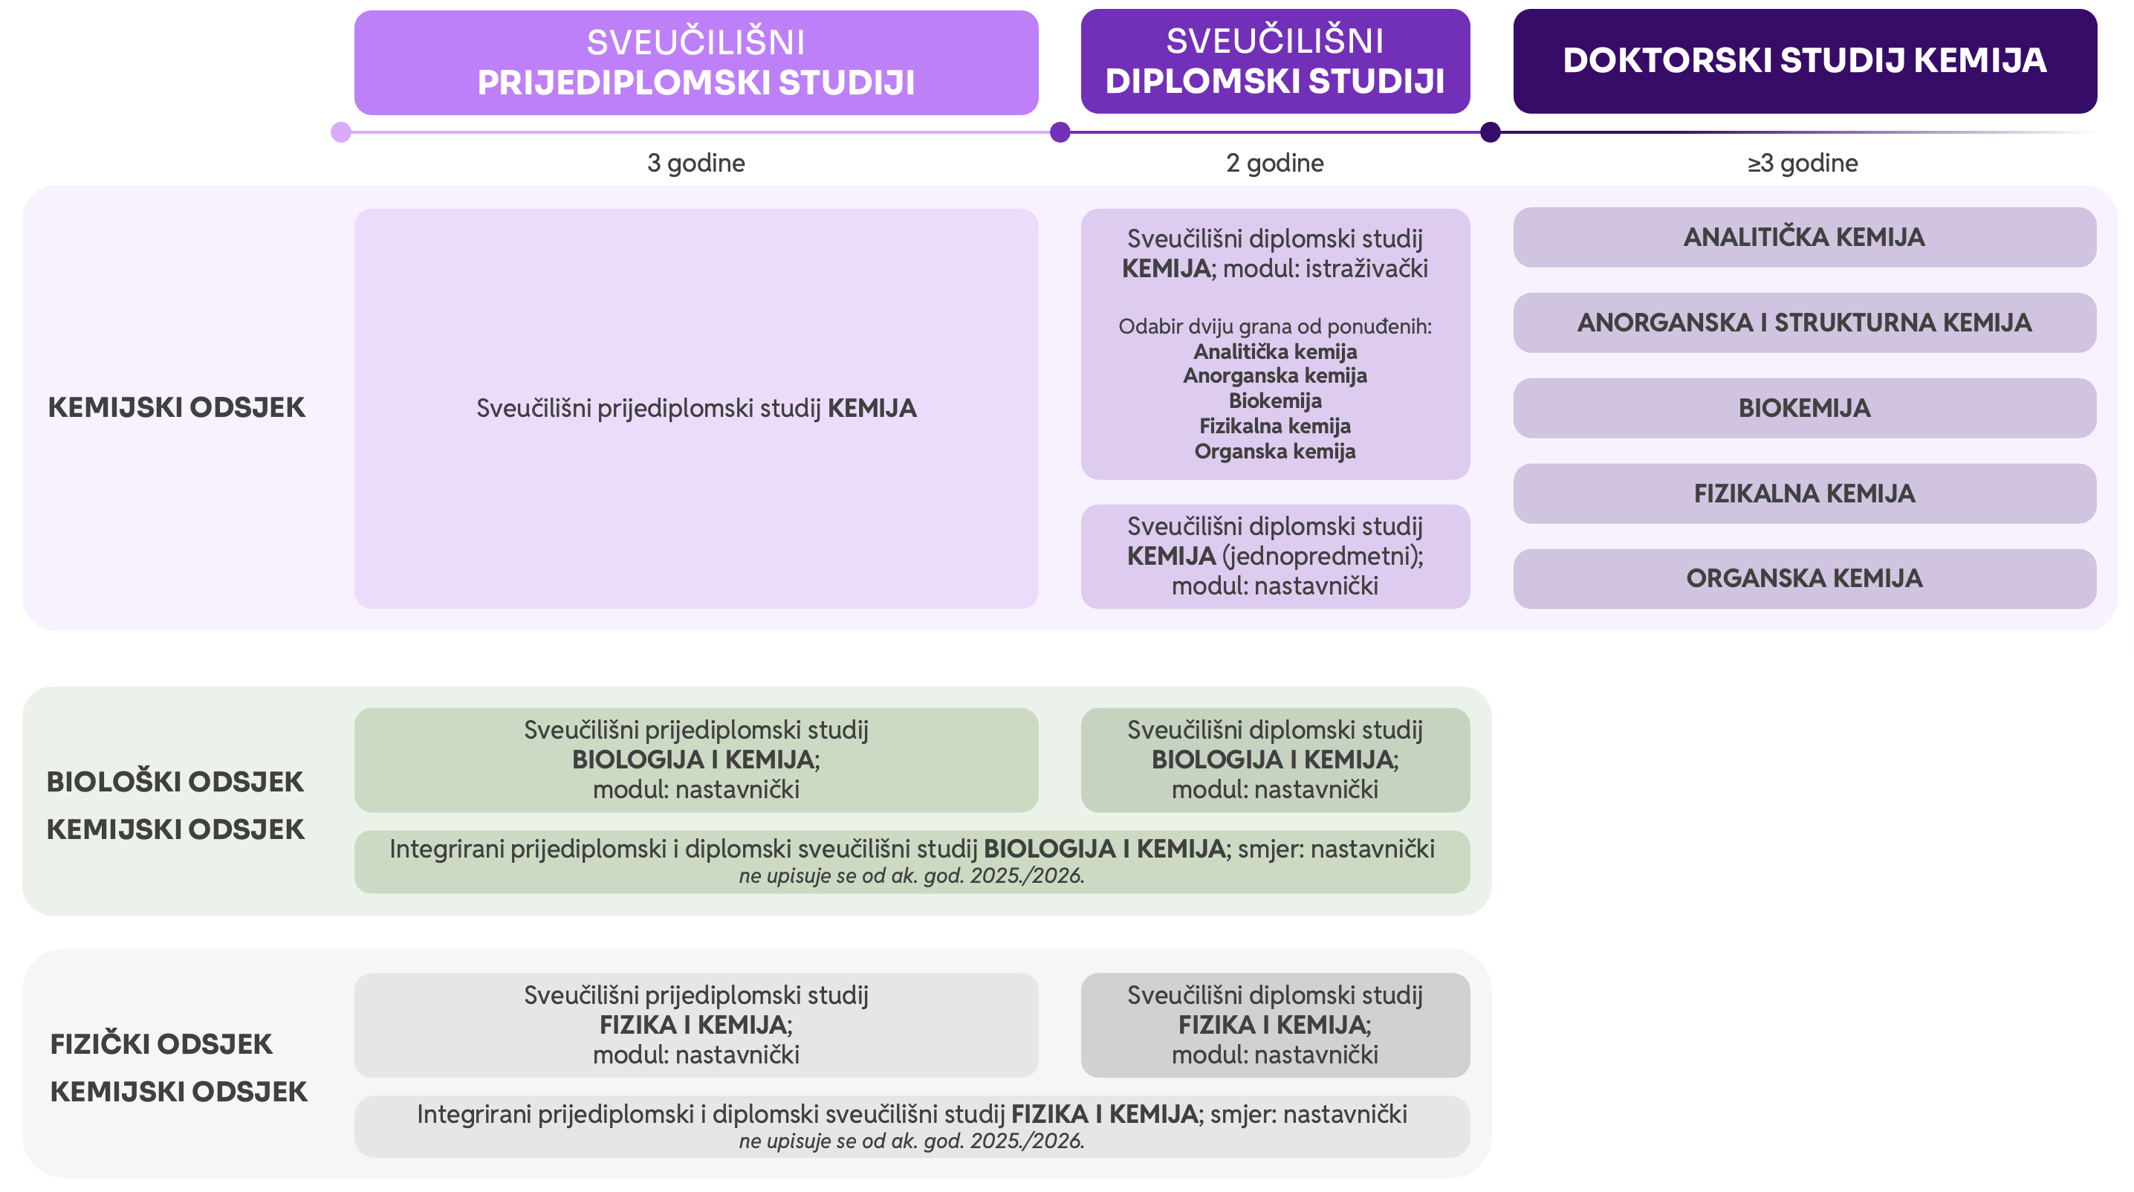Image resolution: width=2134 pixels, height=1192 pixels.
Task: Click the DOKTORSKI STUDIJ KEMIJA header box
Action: click(x=1804, y=61)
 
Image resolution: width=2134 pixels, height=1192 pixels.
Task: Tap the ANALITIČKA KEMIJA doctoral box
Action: click(x=1804, y=237)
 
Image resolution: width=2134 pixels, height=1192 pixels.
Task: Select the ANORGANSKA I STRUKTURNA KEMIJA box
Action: click(x=1804, y=323)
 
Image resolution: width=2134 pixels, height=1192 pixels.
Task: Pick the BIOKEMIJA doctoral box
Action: click(x=1804, y=407)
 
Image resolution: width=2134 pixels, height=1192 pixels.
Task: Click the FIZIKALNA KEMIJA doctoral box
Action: click(x=1804, y=493)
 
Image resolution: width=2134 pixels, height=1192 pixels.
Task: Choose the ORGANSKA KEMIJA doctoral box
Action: click(x=1804, y=578)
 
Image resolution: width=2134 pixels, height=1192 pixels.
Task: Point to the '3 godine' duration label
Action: click(x=696, y=163)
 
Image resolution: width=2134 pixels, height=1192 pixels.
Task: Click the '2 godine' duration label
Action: click(x=1275, y=163)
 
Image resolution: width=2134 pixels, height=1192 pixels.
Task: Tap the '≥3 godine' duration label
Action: click(x=1803, y=163)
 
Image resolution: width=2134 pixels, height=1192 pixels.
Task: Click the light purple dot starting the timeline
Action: click(x=340, y=132)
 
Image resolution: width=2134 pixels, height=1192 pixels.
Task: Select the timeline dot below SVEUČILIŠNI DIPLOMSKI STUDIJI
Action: click(x=1060, y=132)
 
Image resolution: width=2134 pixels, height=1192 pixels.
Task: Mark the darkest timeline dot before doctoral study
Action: click(x=1491, y=132)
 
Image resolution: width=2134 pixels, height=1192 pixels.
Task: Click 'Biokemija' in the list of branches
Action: click(x=1275, y=401)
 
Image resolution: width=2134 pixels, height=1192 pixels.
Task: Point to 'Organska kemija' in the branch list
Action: click(x=1275, y=451)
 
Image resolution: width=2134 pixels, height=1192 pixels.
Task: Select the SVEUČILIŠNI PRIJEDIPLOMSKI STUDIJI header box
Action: click(x=696, y=62)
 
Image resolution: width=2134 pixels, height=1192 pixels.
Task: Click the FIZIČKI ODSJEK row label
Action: click(x=161, y=1043)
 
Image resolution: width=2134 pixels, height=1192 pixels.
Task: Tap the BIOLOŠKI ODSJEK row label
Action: click(x=175, y=781)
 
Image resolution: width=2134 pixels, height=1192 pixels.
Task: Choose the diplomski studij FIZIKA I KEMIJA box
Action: click(x=1275, y=1025)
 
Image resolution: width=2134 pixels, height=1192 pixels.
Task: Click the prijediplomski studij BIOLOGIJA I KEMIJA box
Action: click(x=696, y=759)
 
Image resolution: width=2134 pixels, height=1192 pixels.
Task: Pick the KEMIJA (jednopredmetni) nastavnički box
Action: click(x=1275, y=556)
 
